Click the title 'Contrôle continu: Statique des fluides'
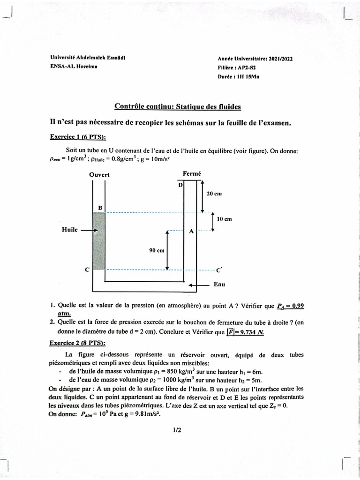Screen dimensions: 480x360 178,107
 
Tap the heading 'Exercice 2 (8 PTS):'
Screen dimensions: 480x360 77,343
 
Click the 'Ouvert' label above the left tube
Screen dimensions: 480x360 99,175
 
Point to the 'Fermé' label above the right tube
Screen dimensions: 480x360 192,174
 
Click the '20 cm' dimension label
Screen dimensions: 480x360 214,194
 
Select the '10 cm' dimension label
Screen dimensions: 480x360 225,219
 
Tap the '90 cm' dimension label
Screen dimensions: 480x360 157,251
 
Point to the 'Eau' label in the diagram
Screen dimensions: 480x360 219,284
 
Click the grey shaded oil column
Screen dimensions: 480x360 99,241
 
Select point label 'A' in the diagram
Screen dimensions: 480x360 191,232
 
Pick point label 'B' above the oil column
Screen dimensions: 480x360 100,207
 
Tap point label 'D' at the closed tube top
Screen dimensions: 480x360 180,185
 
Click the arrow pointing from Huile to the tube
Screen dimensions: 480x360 89,231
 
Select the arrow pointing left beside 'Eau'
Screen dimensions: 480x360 198,285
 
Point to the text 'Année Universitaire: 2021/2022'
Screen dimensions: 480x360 255,59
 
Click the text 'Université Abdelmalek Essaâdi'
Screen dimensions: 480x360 88,58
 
